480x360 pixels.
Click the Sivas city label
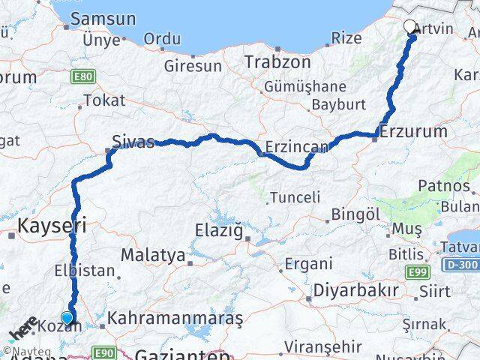133,140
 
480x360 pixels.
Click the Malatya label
153,256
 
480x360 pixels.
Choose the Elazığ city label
220,231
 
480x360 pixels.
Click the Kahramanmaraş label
175,319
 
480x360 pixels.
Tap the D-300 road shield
464,265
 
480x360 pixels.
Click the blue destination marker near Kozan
67,318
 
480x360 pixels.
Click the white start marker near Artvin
410,28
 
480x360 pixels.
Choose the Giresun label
193,66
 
